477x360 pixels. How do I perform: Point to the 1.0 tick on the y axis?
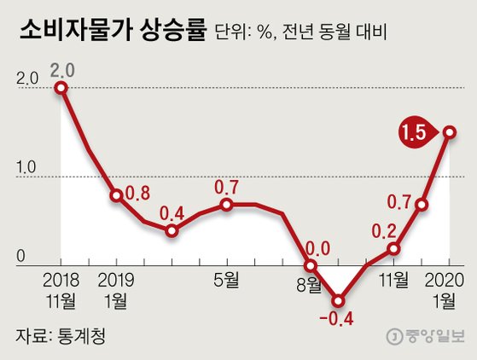[x=28, y=166]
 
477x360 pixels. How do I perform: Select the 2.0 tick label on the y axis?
[x=28, y=78]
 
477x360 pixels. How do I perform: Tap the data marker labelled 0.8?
[x=116, y=195]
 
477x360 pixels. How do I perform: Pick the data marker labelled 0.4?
[x=172, y=230]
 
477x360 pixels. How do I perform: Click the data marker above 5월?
[x=226, y=205]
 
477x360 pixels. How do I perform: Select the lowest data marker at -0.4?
[x=339, y=301]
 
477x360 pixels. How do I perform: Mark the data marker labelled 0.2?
[x=393, y=248]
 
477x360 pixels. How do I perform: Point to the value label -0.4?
[x=339, y=322]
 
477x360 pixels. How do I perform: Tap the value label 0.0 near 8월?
[x=317, y=249]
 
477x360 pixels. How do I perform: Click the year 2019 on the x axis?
[x=116, y=279]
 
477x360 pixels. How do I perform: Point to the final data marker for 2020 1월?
[x=449, y=132]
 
